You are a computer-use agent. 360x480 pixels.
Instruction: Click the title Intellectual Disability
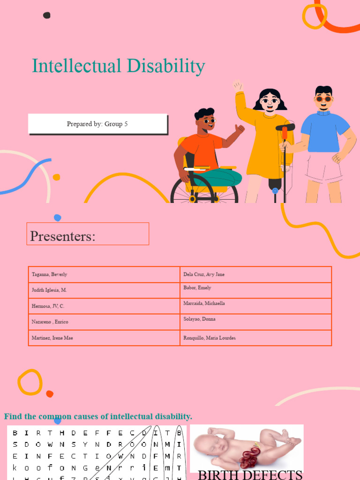pyautogui.click(x=118, y=66)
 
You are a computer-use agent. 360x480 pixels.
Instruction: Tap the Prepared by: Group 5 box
pyautogui.click(x=97, y=124)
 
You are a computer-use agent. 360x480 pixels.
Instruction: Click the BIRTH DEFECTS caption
pyautogui.click(x=250, y=475)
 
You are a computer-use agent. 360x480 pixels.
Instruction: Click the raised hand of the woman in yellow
pyautogui.click(x=238, y=86)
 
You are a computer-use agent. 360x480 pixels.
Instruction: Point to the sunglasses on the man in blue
pyautogui.click(x=323, y=99)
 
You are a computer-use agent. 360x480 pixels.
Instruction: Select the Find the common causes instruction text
pyautogui.click(x=98, y=416)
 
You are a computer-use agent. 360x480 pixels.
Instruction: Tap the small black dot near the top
pyautogui.click(x=46, y=15)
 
